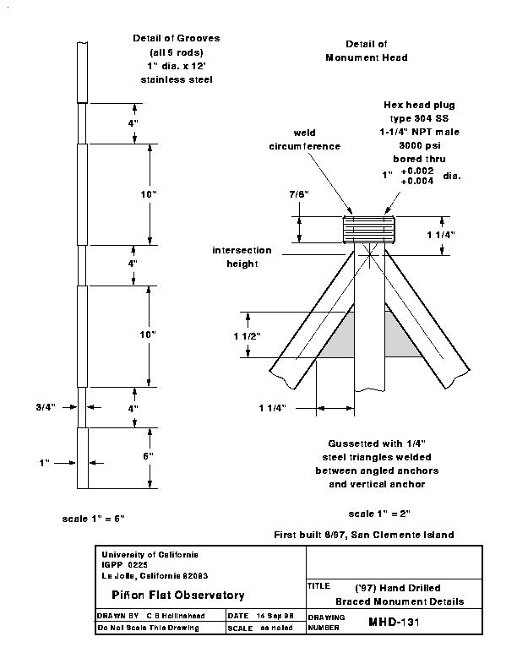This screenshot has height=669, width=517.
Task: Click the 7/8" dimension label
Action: pos(299,194)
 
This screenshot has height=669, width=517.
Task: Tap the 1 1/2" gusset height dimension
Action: pos(247,336)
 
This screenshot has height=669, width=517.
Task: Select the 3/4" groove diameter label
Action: pos(46,407)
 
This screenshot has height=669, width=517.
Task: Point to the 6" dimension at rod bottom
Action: pos(148,456)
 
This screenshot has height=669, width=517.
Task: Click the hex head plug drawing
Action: pos(369,230)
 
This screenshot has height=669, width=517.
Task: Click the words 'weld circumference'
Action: pos(305,139)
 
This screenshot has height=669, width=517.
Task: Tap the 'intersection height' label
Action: pos(242,257)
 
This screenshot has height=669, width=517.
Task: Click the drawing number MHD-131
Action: pos(395,622)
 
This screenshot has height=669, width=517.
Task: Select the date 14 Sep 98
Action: pos(275,616)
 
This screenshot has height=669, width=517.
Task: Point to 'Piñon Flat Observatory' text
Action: pos(178,595)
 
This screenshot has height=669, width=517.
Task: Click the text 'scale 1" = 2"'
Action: pos(379,514)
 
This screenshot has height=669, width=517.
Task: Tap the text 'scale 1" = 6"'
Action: pos(94,519)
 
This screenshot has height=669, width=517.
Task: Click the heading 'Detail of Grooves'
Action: pos(177,38)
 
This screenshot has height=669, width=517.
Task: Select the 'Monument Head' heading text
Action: pos(367,57)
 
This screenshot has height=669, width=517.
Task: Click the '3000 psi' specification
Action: pos(420,145)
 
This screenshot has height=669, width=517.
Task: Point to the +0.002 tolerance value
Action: pos(417,171)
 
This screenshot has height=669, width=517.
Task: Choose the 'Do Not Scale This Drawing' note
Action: pos(148,628)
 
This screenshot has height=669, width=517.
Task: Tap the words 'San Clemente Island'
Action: pos(403,535)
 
